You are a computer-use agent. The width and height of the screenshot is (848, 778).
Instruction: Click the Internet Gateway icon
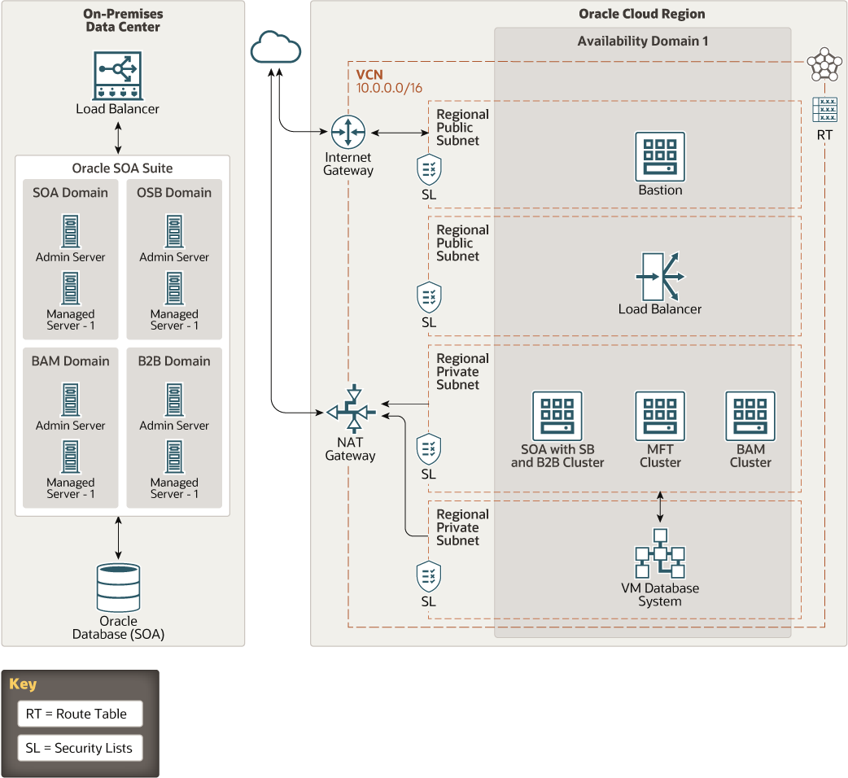coord(348,132)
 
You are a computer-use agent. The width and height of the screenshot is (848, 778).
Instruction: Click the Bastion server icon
coord(660,156)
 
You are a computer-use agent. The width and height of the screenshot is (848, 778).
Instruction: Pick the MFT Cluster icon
coord(660,416)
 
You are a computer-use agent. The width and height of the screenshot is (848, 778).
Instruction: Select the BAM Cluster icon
coord(750,416)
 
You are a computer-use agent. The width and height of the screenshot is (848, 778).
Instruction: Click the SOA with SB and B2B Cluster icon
coord(557,416)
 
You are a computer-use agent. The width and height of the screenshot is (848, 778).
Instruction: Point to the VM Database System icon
coord(660,553)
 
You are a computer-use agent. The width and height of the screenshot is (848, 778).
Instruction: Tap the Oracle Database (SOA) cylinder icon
coord(118,588)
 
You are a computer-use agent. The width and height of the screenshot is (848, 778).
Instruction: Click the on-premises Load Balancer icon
coord(118,76)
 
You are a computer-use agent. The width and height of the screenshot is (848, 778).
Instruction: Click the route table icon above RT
coord(824,110)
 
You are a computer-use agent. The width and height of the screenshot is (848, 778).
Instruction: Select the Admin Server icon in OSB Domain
coord(173,231)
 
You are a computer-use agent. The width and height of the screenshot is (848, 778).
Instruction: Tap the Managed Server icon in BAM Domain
coord(70,457)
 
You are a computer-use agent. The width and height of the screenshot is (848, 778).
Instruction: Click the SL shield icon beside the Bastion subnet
coord(429,170)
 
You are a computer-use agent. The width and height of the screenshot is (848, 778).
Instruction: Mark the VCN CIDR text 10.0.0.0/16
coord(389,88)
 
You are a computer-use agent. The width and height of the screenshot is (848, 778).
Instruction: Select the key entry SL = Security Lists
coord(79,748)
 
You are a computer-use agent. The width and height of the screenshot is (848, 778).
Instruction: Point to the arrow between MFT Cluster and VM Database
coord(660,507)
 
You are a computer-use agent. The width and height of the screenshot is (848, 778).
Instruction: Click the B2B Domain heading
coord(173,361)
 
